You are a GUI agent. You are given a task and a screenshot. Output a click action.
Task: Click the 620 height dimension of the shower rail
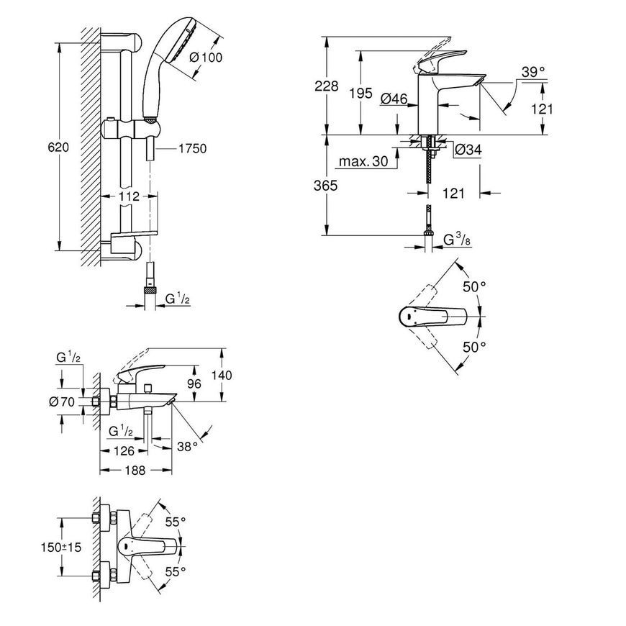point(58,148)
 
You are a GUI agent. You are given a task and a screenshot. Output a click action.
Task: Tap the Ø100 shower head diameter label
point(206,58)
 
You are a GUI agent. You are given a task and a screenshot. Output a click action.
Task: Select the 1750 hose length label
point(192,148)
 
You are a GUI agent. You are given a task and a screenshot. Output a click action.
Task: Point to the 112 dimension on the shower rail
point(129,196)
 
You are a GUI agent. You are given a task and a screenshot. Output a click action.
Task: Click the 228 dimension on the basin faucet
point(326,86)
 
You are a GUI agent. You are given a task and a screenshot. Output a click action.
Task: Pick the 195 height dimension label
point(360,94)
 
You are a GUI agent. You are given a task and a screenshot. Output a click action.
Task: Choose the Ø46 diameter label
point(394,99)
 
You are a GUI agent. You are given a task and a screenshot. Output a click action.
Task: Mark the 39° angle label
point(533,72)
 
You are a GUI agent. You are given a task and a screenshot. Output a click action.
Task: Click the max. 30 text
point(363,161)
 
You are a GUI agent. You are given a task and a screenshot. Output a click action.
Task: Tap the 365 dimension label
point(325,186)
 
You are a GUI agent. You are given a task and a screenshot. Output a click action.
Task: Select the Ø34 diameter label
point(468,150)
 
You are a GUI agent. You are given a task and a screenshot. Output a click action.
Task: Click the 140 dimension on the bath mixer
point(222,376)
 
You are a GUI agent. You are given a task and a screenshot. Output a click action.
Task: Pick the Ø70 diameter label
point(62,402)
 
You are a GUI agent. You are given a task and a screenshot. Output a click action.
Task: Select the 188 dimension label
point(135,471)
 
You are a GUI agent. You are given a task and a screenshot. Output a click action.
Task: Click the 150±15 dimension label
point(60,547)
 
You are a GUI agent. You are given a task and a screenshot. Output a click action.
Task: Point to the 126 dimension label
point(124,451)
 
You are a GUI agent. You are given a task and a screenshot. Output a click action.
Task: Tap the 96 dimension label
point(194,384)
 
